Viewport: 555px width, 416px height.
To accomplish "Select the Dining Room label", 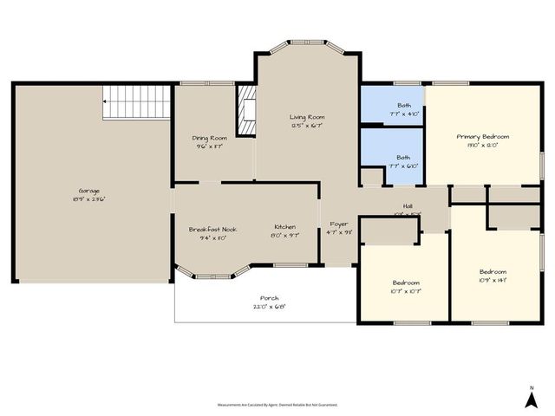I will (x=210, y=138).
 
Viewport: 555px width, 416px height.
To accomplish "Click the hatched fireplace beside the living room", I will (x=248, y=112).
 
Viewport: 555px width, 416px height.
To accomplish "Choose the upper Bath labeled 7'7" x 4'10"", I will (x=392, y=104).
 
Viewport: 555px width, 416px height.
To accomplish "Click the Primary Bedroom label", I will (x=483, y=136).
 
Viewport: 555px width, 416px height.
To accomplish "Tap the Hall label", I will (x=407, y=206).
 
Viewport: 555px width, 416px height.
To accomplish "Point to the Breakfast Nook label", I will (x=212, y=229).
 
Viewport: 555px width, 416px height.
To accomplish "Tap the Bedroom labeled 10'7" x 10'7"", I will (x=406, y=283).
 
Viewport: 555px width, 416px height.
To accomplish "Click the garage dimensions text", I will (x=91, y=199).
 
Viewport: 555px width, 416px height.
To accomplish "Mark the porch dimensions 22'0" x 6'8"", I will (x=269, y=307).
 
